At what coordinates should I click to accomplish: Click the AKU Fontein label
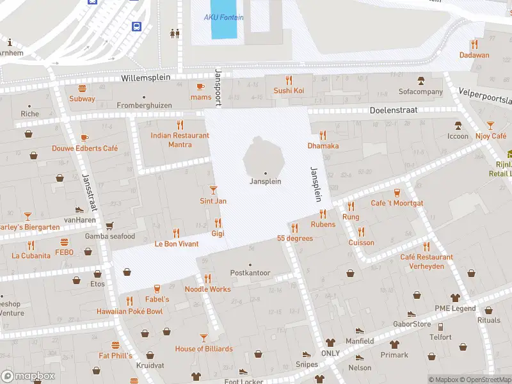223,17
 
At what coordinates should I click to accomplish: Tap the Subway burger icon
82,88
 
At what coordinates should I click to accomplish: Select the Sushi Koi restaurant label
289,91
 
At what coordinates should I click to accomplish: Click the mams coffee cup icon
200,86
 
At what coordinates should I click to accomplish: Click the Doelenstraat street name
394,110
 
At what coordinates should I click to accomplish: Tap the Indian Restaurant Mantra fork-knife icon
180,125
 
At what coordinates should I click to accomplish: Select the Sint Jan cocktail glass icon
213,190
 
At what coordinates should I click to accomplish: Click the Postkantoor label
250,273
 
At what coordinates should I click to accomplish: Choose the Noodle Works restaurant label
207,289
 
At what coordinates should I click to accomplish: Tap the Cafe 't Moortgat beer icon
397,193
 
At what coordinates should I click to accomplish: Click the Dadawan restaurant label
474,55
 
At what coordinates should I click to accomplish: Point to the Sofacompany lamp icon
420,81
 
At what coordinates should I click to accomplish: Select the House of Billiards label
204,349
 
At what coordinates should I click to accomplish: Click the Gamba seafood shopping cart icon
109,226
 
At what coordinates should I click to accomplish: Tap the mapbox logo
28,376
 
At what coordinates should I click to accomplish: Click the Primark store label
394,355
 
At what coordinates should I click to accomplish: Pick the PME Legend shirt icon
455,298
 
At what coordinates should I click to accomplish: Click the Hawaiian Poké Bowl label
129,312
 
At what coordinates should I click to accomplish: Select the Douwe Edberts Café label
84,148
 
